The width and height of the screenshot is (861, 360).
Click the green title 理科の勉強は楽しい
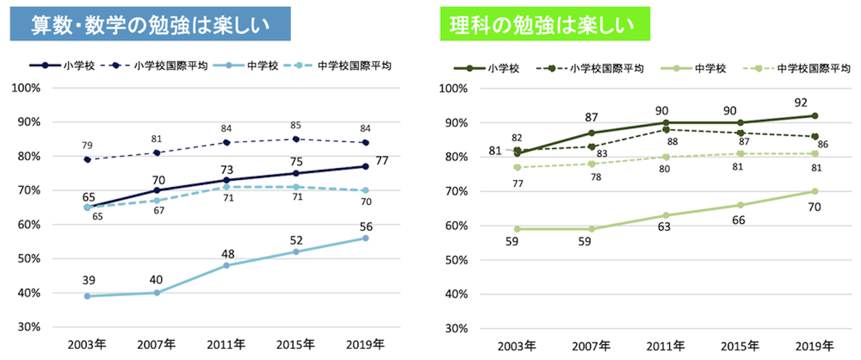pyautogui.click(x=545, y=25)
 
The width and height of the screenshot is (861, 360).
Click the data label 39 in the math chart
pyautogui.click(x=88, y=280)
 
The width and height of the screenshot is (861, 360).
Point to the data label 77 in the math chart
pyautogui.click(x=382, y=161)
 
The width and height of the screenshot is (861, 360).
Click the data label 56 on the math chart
pyautogui.click(x=366, y=227)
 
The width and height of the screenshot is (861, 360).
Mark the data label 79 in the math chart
pyautogui.click(x=87, y=145)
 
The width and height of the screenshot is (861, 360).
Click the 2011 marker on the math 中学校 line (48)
pyautogui.click(x=226, y=265)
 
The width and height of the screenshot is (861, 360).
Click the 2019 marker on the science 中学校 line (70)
pyautogui.click(x=815, y=191)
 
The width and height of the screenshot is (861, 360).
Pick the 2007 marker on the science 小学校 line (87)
pyautogui.click(x=592, y=133)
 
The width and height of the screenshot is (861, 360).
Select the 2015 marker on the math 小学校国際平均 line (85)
pyautogui.click(x=296, y=139)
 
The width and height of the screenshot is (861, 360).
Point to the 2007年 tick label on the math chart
pyautogui.click(x=157, y=344)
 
